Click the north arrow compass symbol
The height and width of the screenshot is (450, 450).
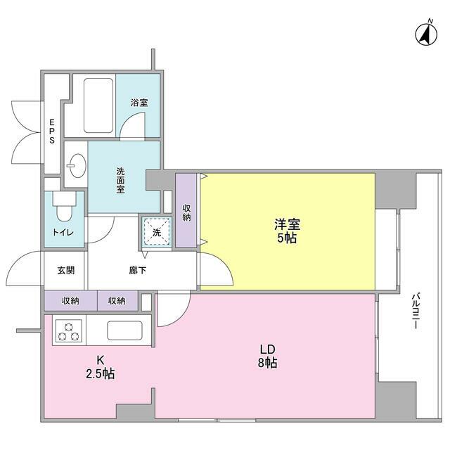pyautogui.click(x=425, y=32)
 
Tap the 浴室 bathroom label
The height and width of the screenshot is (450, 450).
pyautogui.click(x=139, y=103)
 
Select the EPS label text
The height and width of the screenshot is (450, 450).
pyautogui.click(x=52, y=131)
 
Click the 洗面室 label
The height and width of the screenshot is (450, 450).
pyautogui.click(x=120, y=180)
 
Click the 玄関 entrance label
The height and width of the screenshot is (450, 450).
pyautogui.click(x=65, y=270)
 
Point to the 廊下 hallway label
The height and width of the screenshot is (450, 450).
pyautogui.click(x=139, y=270)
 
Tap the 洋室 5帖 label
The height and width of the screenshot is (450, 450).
pyautogui.click(x=287, y=231)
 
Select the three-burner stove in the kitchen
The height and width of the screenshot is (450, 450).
pyautogui.click(x=68, y=331)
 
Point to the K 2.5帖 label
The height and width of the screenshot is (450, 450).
pyautogui.click(x=100, y=368)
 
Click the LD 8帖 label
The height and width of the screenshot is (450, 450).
pyautogui.click(x=266, y=356)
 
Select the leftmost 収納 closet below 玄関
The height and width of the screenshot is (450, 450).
pyautogui.click(x=70, y=301)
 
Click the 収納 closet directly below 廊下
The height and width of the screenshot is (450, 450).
pyautogui.click(x=117, y=301)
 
